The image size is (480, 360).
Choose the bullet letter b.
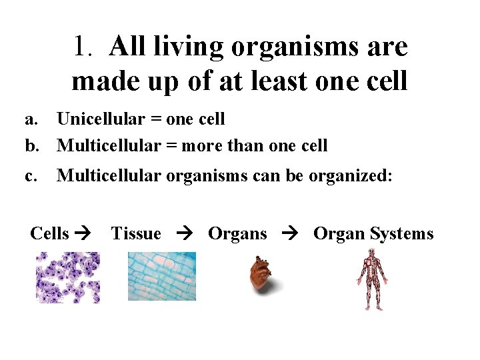pos(31,145)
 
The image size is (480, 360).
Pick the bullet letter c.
pos(30,175)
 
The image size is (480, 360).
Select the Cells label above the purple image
pos(49,233)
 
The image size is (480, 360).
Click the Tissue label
pos(136,233)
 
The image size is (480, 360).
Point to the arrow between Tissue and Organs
pos(184,234)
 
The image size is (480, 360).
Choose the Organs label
pos(237,233)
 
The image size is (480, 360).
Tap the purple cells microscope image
pos(67,277)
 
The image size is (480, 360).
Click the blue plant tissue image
pos(161,276)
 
